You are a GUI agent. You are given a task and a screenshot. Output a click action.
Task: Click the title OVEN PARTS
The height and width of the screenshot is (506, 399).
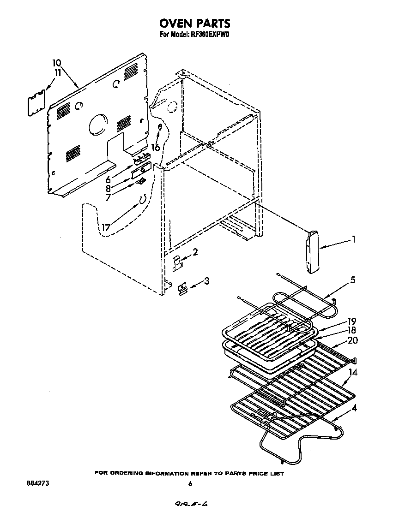[194, 23]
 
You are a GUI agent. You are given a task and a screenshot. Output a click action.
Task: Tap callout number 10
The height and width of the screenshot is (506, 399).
[56, 63]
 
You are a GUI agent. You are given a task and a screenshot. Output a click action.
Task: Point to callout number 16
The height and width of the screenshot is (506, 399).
[156, 148]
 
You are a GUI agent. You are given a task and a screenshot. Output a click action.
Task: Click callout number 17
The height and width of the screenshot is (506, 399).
[106, 227]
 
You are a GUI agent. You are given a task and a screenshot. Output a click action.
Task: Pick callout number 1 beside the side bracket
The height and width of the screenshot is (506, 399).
[353, 239]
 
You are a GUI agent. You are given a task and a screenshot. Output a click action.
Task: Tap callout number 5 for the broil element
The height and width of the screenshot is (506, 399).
[353, 280]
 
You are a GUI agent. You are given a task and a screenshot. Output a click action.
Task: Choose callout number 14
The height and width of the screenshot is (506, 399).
[353, 373]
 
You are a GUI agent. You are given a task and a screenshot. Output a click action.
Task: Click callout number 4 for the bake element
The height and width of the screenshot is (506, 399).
[353, 407]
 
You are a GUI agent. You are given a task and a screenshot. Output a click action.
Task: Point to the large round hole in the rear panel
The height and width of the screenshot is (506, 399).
[97, 125]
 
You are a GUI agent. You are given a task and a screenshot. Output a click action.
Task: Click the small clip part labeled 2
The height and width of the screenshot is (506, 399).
[177, 263]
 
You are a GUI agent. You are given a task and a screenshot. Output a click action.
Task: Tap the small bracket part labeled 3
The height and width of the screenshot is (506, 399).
[182, 288]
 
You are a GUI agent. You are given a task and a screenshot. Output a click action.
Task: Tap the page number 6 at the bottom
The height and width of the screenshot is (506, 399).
[190, 484]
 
